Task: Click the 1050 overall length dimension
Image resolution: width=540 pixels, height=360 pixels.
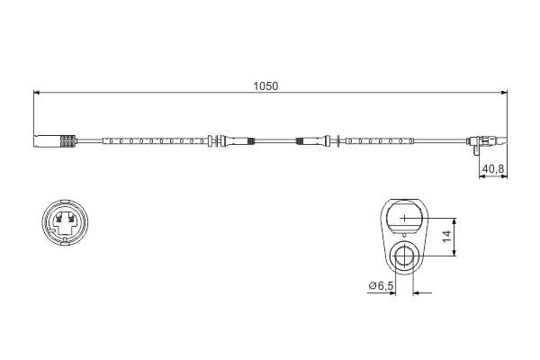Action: tap(265, 86)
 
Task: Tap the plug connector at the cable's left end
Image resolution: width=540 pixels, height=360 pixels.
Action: tap(46, 140)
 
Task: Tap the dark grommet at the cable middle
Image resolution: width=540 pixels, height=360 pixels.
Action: tap(305, 140)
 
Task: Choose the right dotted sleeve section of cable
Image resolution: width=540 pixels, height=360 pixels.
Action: tap(379, 140)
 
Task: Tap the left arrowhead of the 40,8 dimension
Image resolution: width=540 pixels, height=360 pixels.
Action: tap(480, 176)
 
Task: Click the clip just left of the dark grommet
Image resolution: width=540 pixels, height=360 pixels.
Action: tap(216, 140)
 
